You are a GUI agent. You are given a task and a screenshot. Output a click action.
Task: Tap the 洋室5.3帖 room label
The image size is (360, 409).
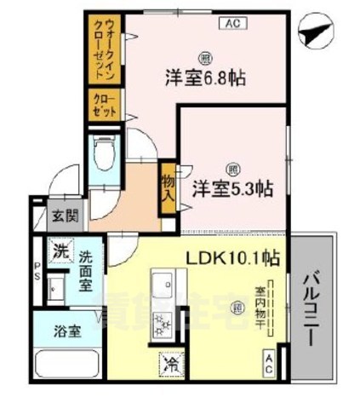coord(231,188)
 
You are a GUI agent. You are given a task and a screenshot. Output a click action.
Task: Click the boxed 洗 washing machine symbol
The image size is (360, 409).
coord(60,251)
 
